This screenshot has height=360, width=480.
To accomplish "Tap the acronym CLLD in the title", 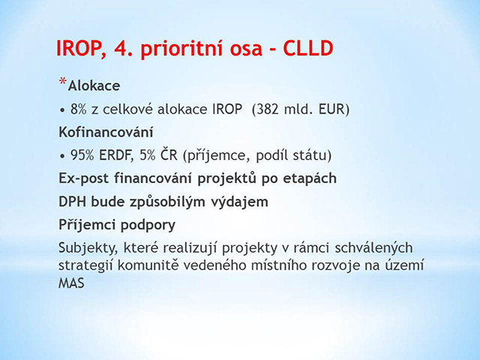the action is point(308,48).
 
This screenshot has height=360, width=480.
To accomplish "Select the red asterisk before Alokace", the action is point(63,82).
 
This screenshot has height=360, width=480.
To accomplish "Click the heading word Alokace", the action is point(94,85).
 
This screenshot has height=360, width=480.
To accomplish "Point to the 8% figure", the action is point(78,109).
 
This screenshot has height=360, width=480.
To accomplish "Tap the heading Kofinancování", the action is point(106,132).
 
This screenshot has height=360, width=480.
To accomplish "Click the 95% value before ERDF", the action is point(82,155).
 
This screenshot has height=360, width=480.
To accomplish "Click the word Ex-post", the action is point(84,178).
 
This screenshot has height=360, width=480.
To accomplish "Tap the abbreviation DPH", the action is point(72,202).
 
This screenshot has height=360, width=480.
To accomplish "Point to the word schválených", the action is point(373,248).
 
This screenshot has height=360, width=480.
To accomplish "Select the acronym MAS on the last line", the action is point(71,283).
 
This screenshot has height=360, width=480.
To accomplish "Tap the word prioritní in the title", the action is point(181,49).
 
